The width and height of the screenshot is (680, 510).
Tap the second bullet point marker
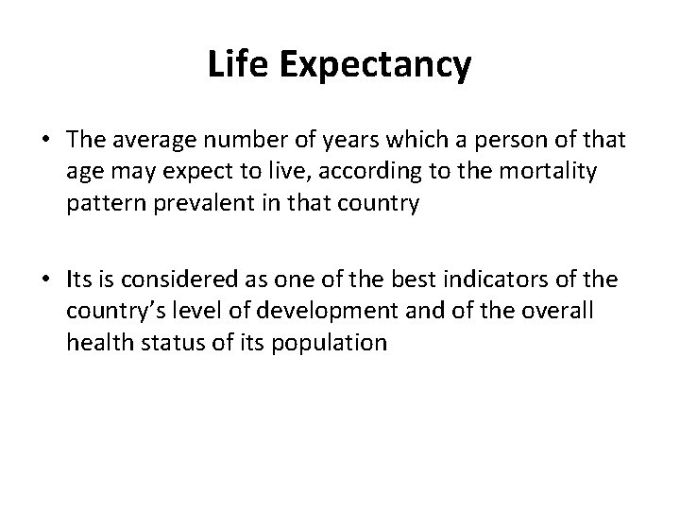tap(44, 280)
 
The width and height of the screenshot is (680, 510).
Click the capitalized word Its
tap(78, 280)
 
